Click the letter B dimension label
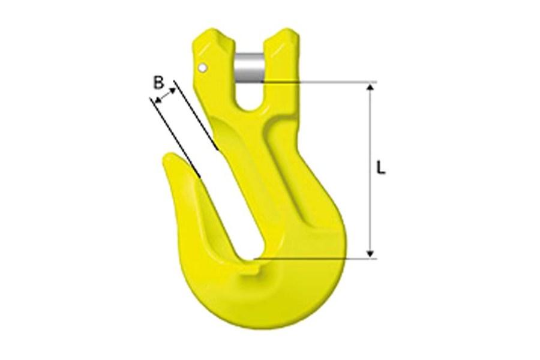click(x=158, y=83)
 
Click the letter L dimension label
click(x=380, y=167)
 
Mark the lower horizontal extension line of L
click(x=318, y=259)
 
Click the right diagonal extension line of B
click(x=194, y=114)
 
